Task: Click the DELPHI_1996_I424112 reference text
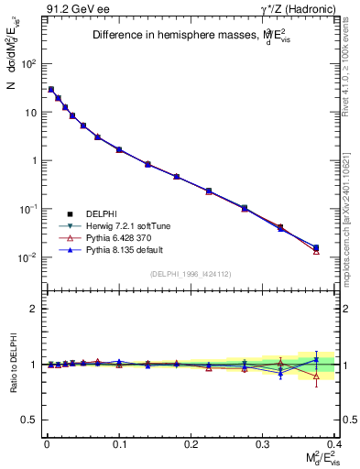(190, 274)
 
